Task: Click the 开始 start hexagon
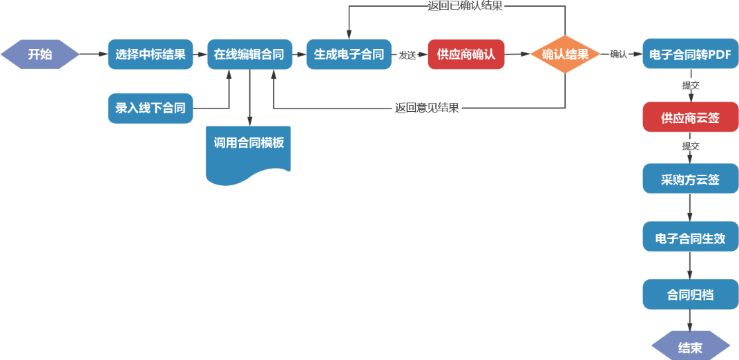[x=39, y=55]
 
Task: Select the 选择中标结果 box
[x=151, y=55]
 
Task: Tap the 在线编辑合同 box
[x=250, y=55]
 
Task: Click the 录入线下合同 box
[x=151, y=108]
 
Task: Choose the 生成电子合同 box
[x=349, y=55]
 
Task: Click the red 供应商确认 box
[x=466, y=55]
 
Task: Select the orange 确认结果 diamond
[x=565, y=55]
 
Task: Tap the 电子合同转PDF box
[x=691, y=55]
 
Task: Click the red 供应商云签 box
[x=691, y=117]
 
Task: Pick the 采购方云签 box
[x=691, y=178]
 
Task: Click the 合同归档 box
[x=691, y=294]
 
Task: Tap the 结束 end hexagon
[x=691, y=347]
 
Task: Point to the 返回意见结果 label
[x=427, y=108]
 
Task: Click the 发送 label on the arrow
[x=407, y=55]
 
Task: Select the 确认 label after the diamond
[x=618, y=54]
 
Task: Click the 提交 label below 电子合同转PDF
[x=691, y=86]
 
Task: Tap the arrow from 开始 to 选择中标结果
[x=94, y=55]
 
